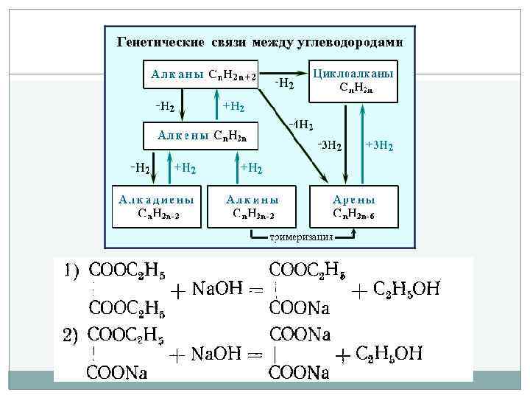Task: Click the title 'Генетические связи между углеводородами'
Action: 261,41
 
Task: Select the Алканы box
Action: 199,74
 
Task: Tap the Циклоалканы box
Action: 353,80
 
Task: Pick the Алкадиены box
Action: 158,206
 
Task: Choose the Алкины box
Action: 253,206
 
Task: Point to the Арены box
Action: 354,206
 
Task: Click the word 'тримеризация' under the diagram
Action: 302,237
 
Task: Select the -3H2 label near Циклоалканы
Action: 329,145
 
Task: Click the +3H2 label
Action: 379,145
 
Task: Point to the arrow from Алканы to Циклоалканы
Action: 284,72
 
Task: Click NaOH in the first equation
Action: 217,290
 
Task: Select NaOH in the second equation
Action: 217,355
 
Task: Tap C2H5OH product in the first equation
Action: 407,290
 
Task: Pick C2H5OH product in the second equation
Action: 389,355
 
